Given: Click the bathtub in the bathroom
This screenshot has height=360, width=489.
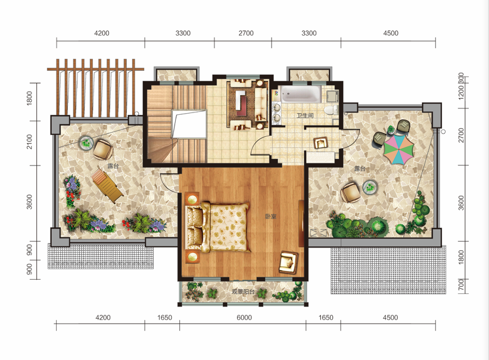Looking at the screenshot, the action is click(x=301, y=95).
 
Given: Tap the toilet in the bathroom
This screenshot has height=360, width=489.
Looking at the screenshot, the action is click(x=331, y=109).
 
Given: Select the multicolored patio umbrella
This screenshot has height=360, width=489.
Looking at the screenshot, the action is click(x=398, y=149).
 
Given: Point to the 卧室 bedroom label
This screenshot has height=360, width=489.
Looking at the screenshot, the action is click(x=270, y=216).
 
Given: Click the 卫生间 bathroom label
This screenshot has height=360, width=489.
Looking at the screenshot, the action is click(x=305, y=115).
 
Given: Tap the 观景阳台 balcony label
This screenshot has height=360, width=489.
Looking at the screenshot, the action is click(x=243, y=292).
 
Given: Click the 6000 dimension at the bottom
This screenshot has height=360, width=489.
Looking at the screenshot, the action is click(x=244, y=318).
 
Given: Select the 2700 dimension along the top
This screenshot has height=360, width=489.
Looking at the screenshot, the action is click(x=246, y=33).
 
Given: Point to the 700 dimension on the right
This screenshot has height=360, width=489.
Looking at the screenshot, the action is click(x=462, y=285).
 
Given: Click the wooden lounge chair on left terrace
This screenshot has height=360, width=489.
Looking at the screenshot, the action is click(x=107, y=186).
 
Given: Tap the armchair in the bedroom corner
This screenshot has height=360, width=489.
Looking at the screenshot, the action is click(x=288, y=262).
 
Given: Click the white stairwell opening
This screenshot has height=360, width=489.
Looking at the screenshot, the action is click(x=189, y=124).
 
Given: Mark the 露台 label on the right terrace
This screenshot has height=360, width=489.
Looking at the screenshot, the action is click(x=360, y=168).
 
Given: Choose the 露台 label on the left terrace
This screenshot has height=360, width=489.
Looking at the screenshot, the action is click(x=113, y=166).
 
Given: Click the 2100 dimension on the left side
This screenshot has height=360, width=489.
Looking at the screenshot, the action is click(x=29, y=142).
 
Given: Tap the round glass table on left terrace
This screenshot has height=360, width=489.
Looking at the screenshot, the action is click(x=86, y=143).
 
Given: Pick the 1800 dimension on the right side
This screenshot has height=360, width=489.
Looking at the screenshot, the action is click(x=462, y=257).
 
